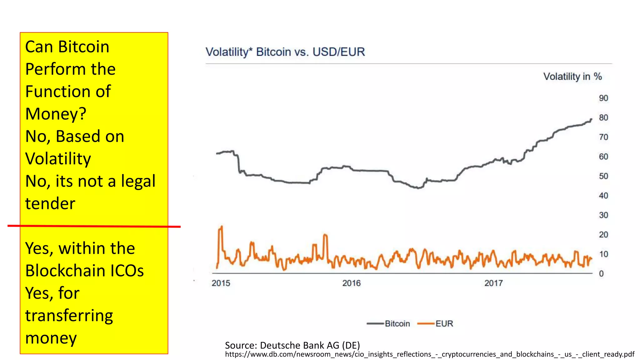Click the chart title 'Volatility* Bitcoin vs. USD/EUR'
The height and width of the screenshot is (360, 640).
pyautogui.click(x=285, y=52)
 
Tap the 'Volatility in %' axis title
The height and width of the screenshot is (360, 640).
pyautogui.click(x=572, y=77)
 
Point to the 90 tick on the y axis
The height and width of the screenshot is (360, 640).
pyautogui.click(x=603, y=98)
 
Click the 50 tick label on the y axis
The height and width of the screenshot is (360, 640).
pyautogui.click(x=603, y=176)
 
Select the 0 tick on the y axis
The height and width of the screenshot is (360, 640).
pyautogui.click(x=601, y=274)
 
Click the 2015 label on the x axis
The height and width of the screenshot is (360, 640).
pyautogui.click(x=221, y=283)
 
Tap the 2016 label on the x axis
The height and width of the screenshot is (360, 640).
pyautogui.click(x=351, y=283)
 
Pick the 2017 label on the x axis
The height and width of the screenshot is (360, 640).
pyautogui.click(x=493, y=283)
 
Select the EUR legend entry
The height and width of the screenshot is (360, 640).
pyautogui.click(x=435, y=324)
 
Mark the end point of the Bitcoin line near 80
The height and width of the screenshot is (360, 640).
pyautogui.click(x=591, y=119)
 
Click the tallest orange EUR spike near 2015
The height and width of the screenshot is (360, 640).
pyautogui.click(x=221, y=227)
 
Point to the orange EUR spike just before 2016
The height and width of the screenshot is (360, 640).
pyautogui.click(x=325, y=235)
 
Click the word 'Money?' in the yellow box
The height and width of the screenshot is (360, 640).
pyautogui.click(x=56, y=114)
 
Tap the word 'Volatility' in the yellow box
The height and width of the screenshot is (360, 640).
pyautogui.click(x=58, y=159)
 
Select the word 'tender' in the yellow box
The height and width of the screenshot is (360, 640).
pyautogui.click(x=50, y=204)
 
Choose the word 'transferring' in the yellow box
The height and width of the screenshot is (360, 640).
pyautogui.click(x=69, y=316)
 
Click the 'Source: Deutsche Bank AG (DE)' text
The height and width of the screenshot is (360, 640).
pyautogui.click(x=292, y=345)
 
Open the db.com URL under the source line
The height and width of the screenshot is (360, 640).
pyautogui.click(x=429, y=354)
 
